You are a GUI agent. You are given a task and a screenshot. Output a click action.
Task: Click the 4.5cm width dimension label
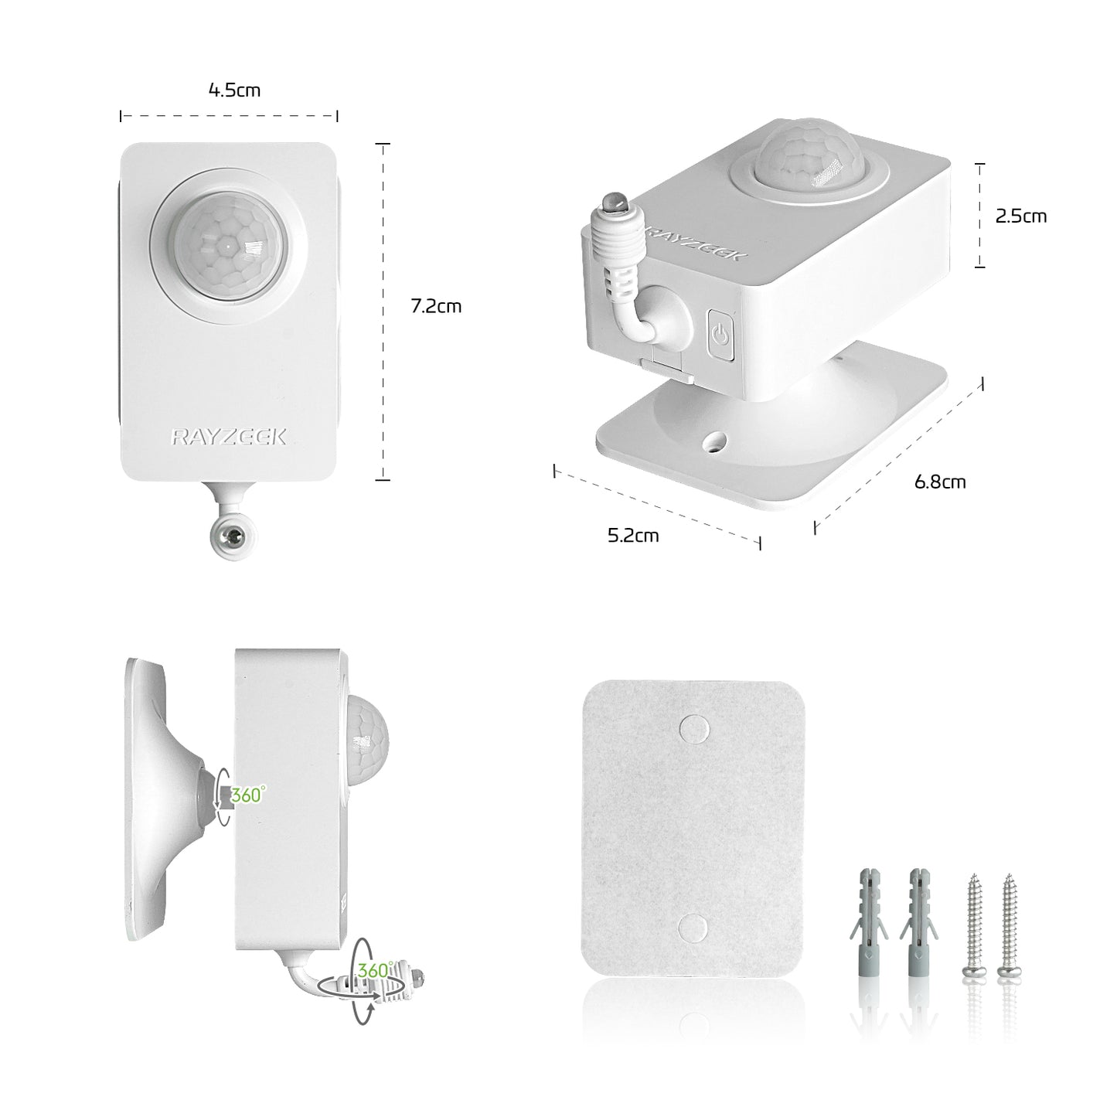(x=234, y=90)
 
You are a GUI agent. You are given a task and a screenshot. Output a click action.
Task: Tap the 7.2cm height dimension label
(x=436, y=306)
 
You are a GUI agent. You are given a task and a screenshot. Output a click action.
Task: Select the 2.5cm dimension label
(x=1021, y=216)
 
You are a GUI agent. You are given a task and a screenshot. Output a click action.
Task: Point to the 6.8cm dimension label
(x=940, y=482)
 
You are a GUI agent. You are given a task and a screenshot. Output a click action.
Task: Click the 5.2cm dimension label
(x=633, y=535)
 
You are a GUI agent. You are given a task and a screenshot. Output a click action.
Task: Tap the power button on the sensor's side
(x=720, y=335)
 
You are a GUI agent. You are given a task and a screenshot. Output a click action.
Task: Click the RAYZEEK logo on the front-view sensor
(x=228, y=437)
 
